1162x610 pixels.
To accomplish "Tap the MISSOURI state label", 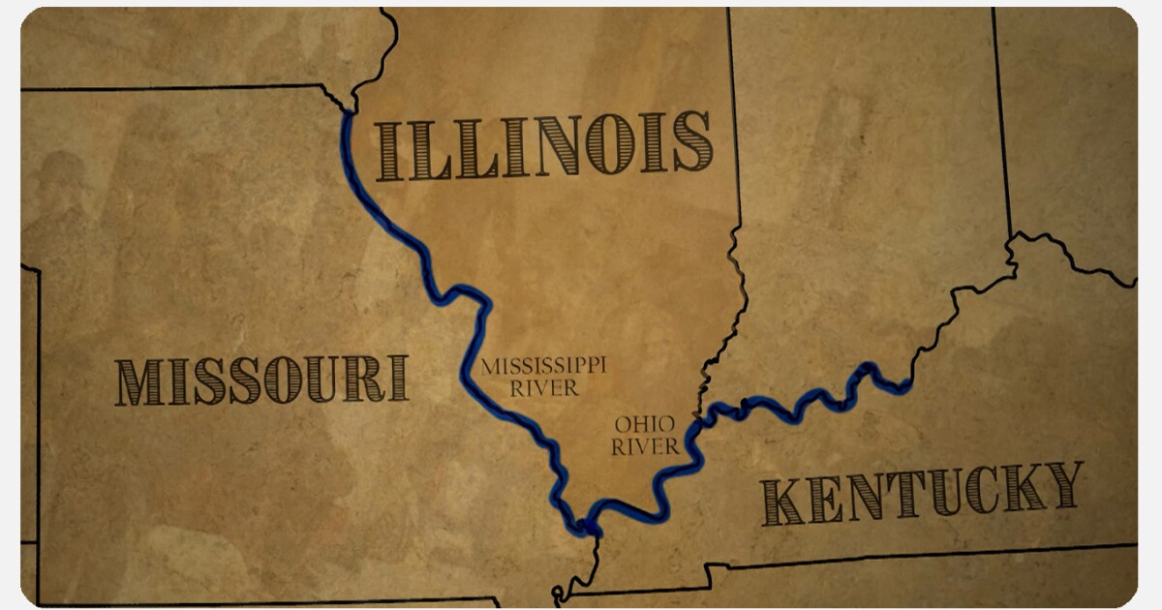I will (261, 380).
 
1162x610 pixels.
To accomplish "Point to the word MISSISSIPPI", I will (543, 367).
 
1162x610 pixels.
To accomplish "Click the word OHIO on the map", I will (644, 425).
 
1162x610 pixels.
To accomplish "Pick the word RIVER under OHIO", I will (645, 446).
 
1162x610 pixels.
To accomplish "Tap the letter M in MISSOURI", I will (138, 381).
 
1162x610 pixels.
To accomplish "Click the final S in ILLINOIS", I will (691, 142).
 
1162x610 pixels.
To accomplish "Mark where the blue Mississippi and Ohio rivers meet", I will (587, 528).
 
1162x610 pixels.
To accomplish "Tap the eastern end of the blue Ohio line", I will (905, 389).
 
